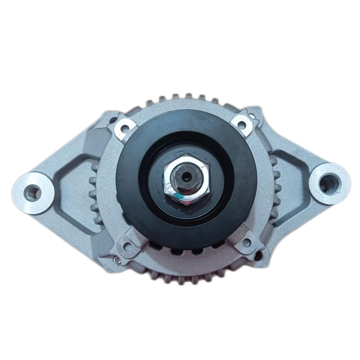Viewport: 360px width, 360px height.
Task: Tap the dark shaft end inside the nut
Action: click(x=185, y=174)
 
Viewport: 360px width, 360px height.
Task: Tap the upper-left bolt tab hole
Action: click(x=125, y=128)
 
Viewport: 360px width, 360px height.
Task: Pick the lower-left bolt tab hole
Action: click(x=127, y=247)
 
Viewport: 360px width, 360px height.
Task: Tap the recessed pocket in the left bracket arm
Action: click(x=72, y=192)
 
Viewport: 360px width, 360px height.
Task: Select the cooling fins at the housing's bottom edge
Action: click(x=185, y=277)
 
